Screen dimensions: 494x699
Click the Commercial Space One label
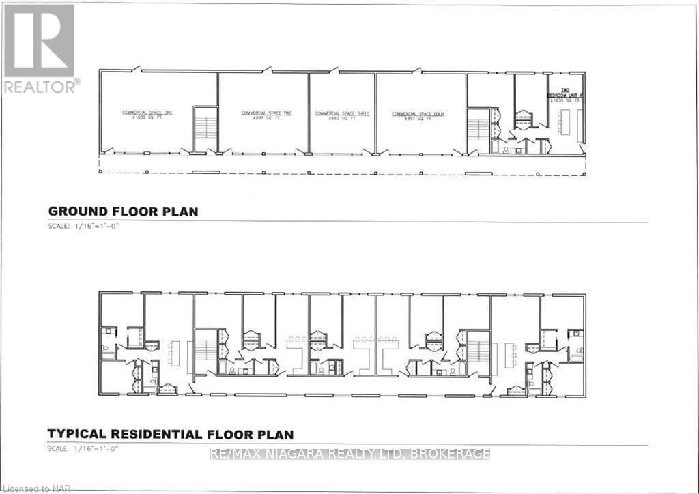(x=147, y=111)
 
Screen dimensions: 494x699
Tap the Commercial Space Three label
(x=342, y=113)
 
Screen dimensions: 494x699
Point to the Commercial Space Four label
(x=418, y=113)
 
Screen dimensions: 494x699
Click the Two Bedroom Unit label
(x=565, y=95)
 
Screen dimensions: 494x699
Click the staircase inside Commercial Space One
(x=205, y=129)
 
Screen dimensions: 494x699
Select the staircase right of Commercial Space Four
(x=478, y=130)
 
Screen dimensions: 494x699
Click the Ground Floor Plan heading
(x=123, y=212)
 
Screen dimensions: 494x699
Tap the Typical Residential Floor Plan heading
(x=170, y=434)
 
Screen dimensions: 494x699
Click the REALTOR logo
(x=39, y=48)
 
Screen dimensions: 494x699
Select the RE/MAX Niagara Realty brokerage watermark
(x=350, y=454)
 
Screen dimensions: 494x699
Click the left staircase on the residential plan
(x=205, y=351)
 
